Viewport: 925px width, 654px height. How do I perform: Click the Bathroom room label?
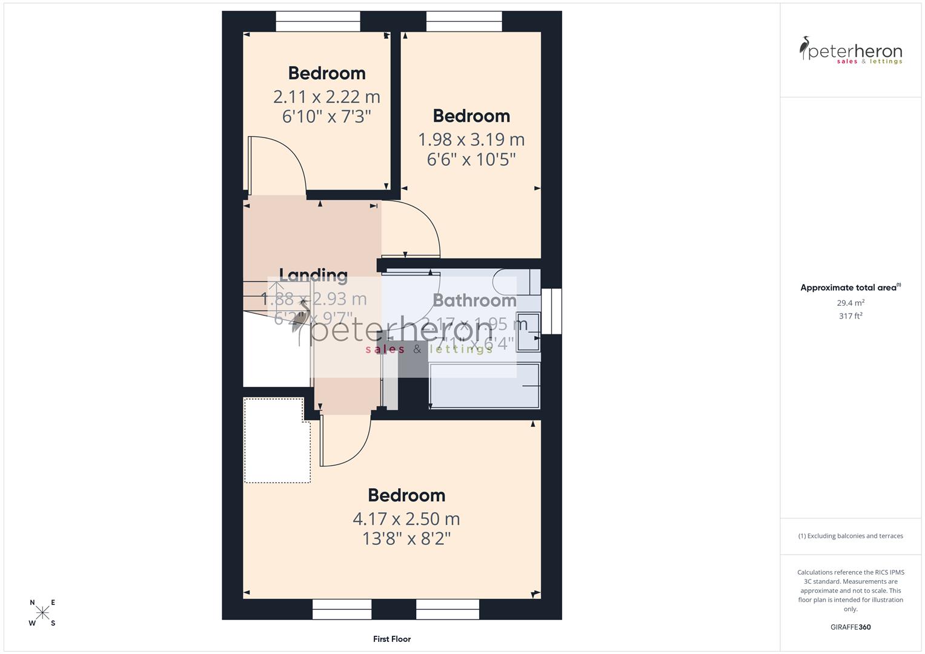[x=474, y=300]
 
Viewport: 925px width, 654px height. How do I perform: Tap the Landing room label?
[x=313, y=276]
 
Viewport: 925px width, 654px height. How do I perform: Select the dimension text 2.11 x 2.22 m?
[x=327, y=97]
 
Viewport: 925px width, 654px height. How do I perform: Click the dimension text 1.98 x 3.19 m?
[x=471, y=140]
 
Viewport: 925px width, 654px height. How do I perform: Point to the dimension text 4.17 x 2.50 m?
[x=406, y=519]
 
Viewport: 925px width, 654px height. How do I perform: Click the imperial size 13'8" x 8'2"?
[x=406, y=538]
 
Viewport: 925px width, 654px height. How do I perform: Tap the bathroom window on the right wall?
[x=551, y=311]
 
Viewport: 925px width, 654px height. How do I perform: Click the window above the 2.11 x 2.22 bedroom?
[x=318, y=22]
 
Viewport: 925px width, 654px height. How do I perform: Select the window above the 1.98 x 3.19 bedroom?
[x=464, y=22]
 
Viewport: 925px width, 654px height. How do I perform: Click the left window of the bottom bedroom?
[x=342, y=609]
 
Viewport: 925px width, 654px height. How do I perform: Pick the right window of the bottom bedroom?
[x=448, y=609]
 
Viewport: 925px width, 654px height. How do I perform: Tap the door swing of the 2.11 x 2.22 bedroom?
[x=276, y=163]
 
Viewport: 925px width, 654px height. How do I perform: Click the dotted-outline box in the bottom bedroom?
[x=276, y=440]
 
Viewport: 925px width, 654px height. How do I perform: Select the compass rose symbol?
[x=42, y=613]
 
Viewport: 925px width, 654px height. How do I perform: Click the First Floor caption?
[x=392, y=639]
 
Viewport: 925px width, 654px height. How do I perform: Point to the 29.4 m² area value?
[x=850, y=303]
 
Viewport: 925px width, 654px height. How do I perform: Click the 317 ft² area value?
[x=850, y=316]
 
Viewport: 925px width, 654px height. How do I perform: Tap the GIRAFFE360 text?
[x=850, y=627]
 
